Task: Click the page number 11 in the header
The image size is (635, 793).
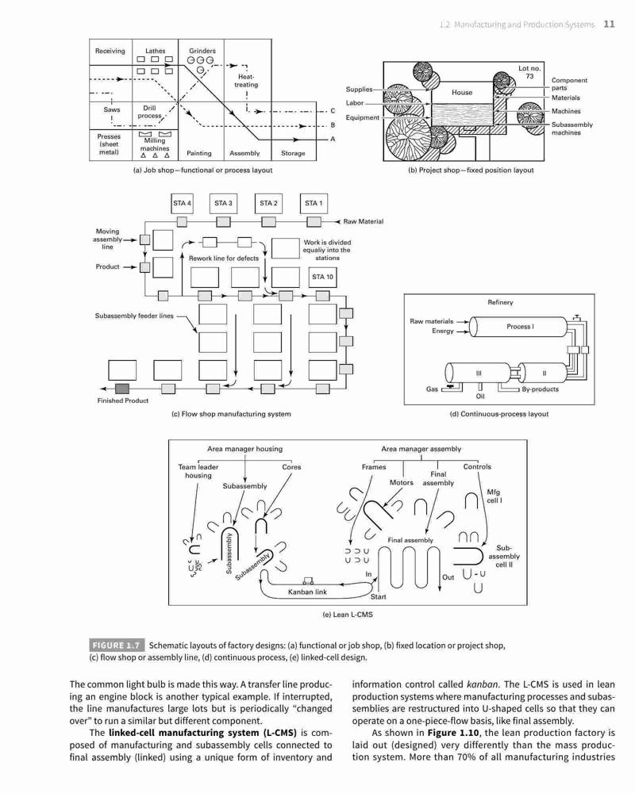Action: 609,25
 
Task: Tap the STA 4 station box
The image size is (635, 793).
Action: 182,203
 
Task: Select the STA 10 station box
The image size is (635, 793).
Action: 322,277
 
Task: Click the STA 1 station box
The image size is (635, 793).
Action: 314,203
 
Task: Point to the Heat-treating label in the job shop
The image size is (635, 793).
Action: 245,81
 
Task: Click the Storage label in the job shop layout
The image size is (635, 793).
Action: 293,153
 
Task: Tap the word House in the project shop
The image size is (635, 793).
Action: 462,93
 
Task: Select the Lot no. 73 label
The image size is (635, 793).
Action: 529,72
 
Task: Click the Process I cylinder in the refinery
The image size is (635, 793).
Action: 519,327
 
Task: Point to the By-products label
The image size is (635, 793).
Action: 541,389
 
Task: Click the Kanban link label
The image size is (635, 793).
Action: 307,592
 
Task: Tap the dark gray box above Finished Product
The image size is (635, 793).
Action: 122,389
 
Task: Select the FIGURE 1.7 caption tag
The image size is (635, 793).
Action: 117,646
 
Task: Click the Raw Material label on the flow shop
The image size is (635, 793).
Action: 363,221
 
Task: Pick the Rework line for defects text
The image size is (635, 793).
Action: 224,259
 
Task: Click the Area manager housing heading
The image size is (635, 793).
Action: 244,449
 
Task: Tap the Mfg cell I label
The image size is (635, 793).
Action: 495,496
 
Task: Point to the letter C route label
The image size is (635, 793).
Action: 333,111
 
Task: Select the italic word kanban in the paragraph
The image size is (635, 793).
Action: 482,684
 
